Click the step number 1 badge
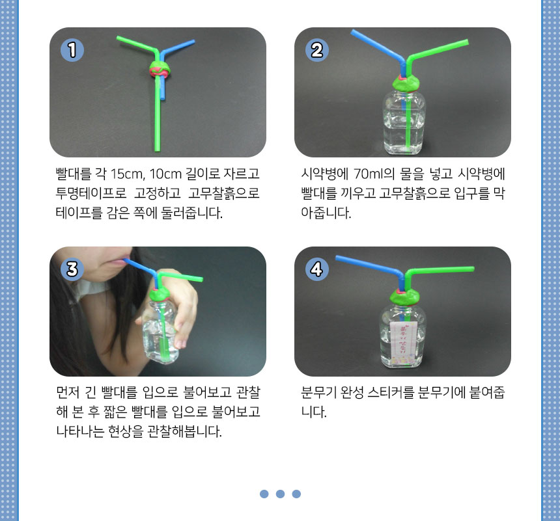(72, 50)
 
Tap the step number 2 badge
(316, 50)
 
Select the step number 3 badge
(72, 269)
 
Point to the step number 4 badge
(316, 269)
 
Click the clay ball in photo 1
(160, 69)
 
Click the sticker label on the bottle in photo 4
(403, 339)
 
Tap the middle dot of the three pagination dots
(281, 494)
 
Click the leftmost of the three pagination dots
(264, 494)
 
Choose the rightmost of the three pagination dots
(296, 494)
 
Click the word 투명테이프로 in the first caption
(91, 193)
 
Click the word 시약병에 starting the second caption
(325, 174)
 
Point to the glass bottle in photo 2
(404, 122)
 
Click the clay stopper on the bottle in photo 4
(404, 297)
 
